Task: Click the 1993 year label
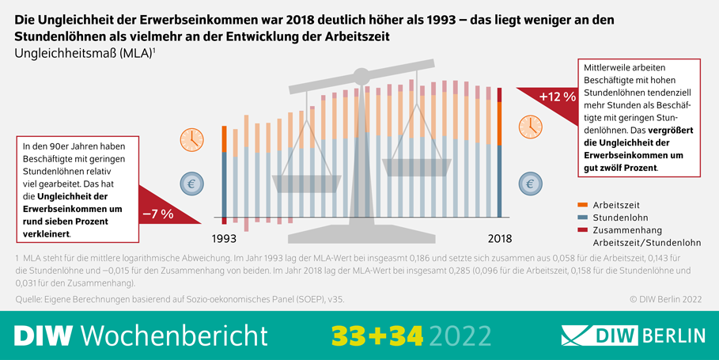tap(226, 238)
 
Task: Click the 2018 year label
tap(499, 238)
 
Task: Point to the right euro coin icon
tap(530, 184)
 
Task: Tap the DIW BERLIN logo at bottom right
tap(633, 335)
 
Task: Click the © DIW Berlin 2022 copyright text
tap(667, 300)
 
